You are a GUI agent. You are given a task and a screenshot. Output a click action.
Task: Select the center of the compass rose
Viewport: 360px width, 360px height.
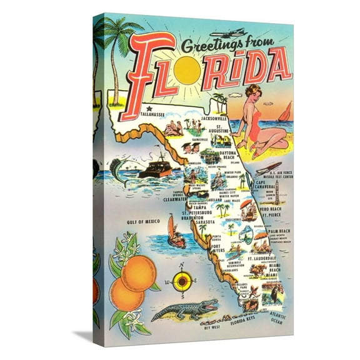coord(182,282)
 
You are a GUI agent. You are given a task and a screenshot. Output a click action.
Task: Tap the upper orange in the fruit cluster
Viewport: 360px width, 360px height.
coord(138,272)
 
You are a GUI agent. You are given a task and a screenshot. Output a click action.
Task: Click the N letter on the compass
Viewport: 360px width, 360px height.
coord(182,267)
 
